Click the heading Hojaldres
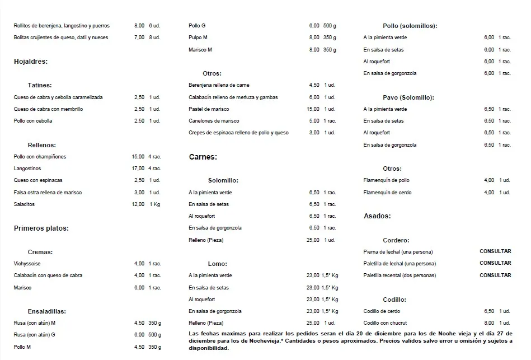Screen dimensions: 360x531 coord(30,62)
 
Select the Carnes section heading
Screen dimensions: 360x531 coord(203,157)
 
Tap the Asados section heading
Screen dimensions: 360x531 coord(377,216)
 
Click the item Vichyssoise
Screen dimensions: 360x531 coord(27,264)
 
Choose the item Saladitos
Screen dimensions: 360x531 coord(24,204)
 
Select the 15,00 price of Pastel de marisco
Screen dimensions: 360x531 coord(313,109)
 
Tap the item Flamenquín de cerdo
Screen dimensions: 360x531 coord(387,193)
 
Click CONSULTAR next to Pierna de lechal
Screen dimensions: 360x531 coord(495,251)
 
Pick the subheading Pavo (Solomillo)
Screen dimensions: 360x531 coord(408,97)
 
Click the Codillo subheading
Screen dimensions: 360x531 coord(394,300)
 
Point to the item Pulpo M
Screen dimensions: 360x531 coord(198,38)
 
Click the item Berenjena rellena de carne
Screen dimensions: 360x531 coord(219,85)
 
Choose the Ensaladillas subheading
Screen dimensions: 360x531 coord(47,311)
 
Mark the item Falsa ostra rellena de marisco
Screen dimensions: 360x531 coord(48,193)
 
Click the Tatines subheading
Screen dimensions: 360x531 coord(40,85)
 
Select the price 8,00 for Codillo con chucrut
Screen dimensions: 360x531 coord(489,323)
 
